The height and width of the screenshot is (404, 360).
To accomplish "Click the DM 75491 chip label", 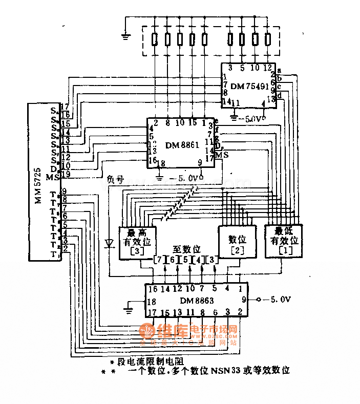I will [x=249, y=87].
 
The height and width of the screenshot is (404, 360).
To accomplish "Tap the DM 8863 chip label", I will [x=197, y=301].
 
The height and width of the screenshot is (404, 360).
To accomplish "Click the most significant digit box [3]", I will [x=138, y=242].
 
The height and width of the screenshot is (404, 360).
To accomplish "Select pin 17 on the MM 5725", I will [x=65, y=107].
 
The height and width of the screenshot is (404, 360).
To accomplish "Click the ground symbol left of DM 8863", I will [x=128, y=309].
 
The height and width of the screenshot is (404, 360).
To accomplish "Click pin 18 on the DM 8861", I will [x=162, y=164].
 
